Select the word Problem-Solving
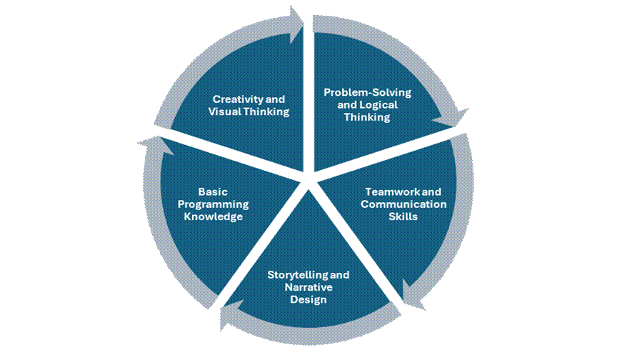tap(358, 93)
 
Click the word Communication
tap(403, 204)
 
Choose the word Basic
tap(211, 192)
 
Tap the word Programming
tap(211, 204)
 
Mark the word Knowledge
tap(211, 216)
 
